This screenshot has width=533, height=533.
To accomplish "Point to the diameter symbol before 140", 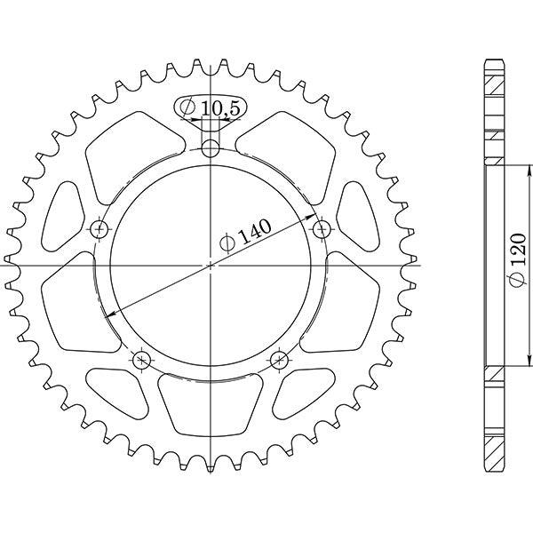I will pos(228,243).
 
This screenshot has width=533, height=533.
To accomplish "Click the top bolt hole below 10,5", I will pos(210,147).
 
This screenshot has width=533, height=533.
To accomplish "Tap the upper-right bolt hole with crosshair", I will pos(321,229).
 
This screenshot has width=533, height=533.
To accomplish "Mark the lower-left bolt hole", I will pos(140,360).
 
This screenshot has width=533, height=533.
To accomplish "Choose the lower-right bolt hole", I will pos(279,360).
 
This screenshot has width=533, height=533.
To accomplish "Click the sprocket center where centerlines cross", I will pos(210,265).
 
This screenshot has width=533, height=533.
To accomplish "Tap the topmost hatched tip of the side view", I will pos(494,80).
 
